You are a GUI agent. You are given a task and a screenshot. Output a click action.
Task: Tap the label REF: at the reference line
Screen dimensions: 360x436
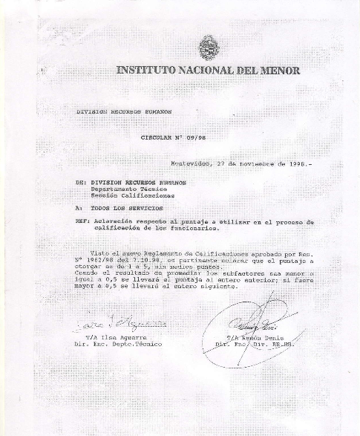82,221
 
